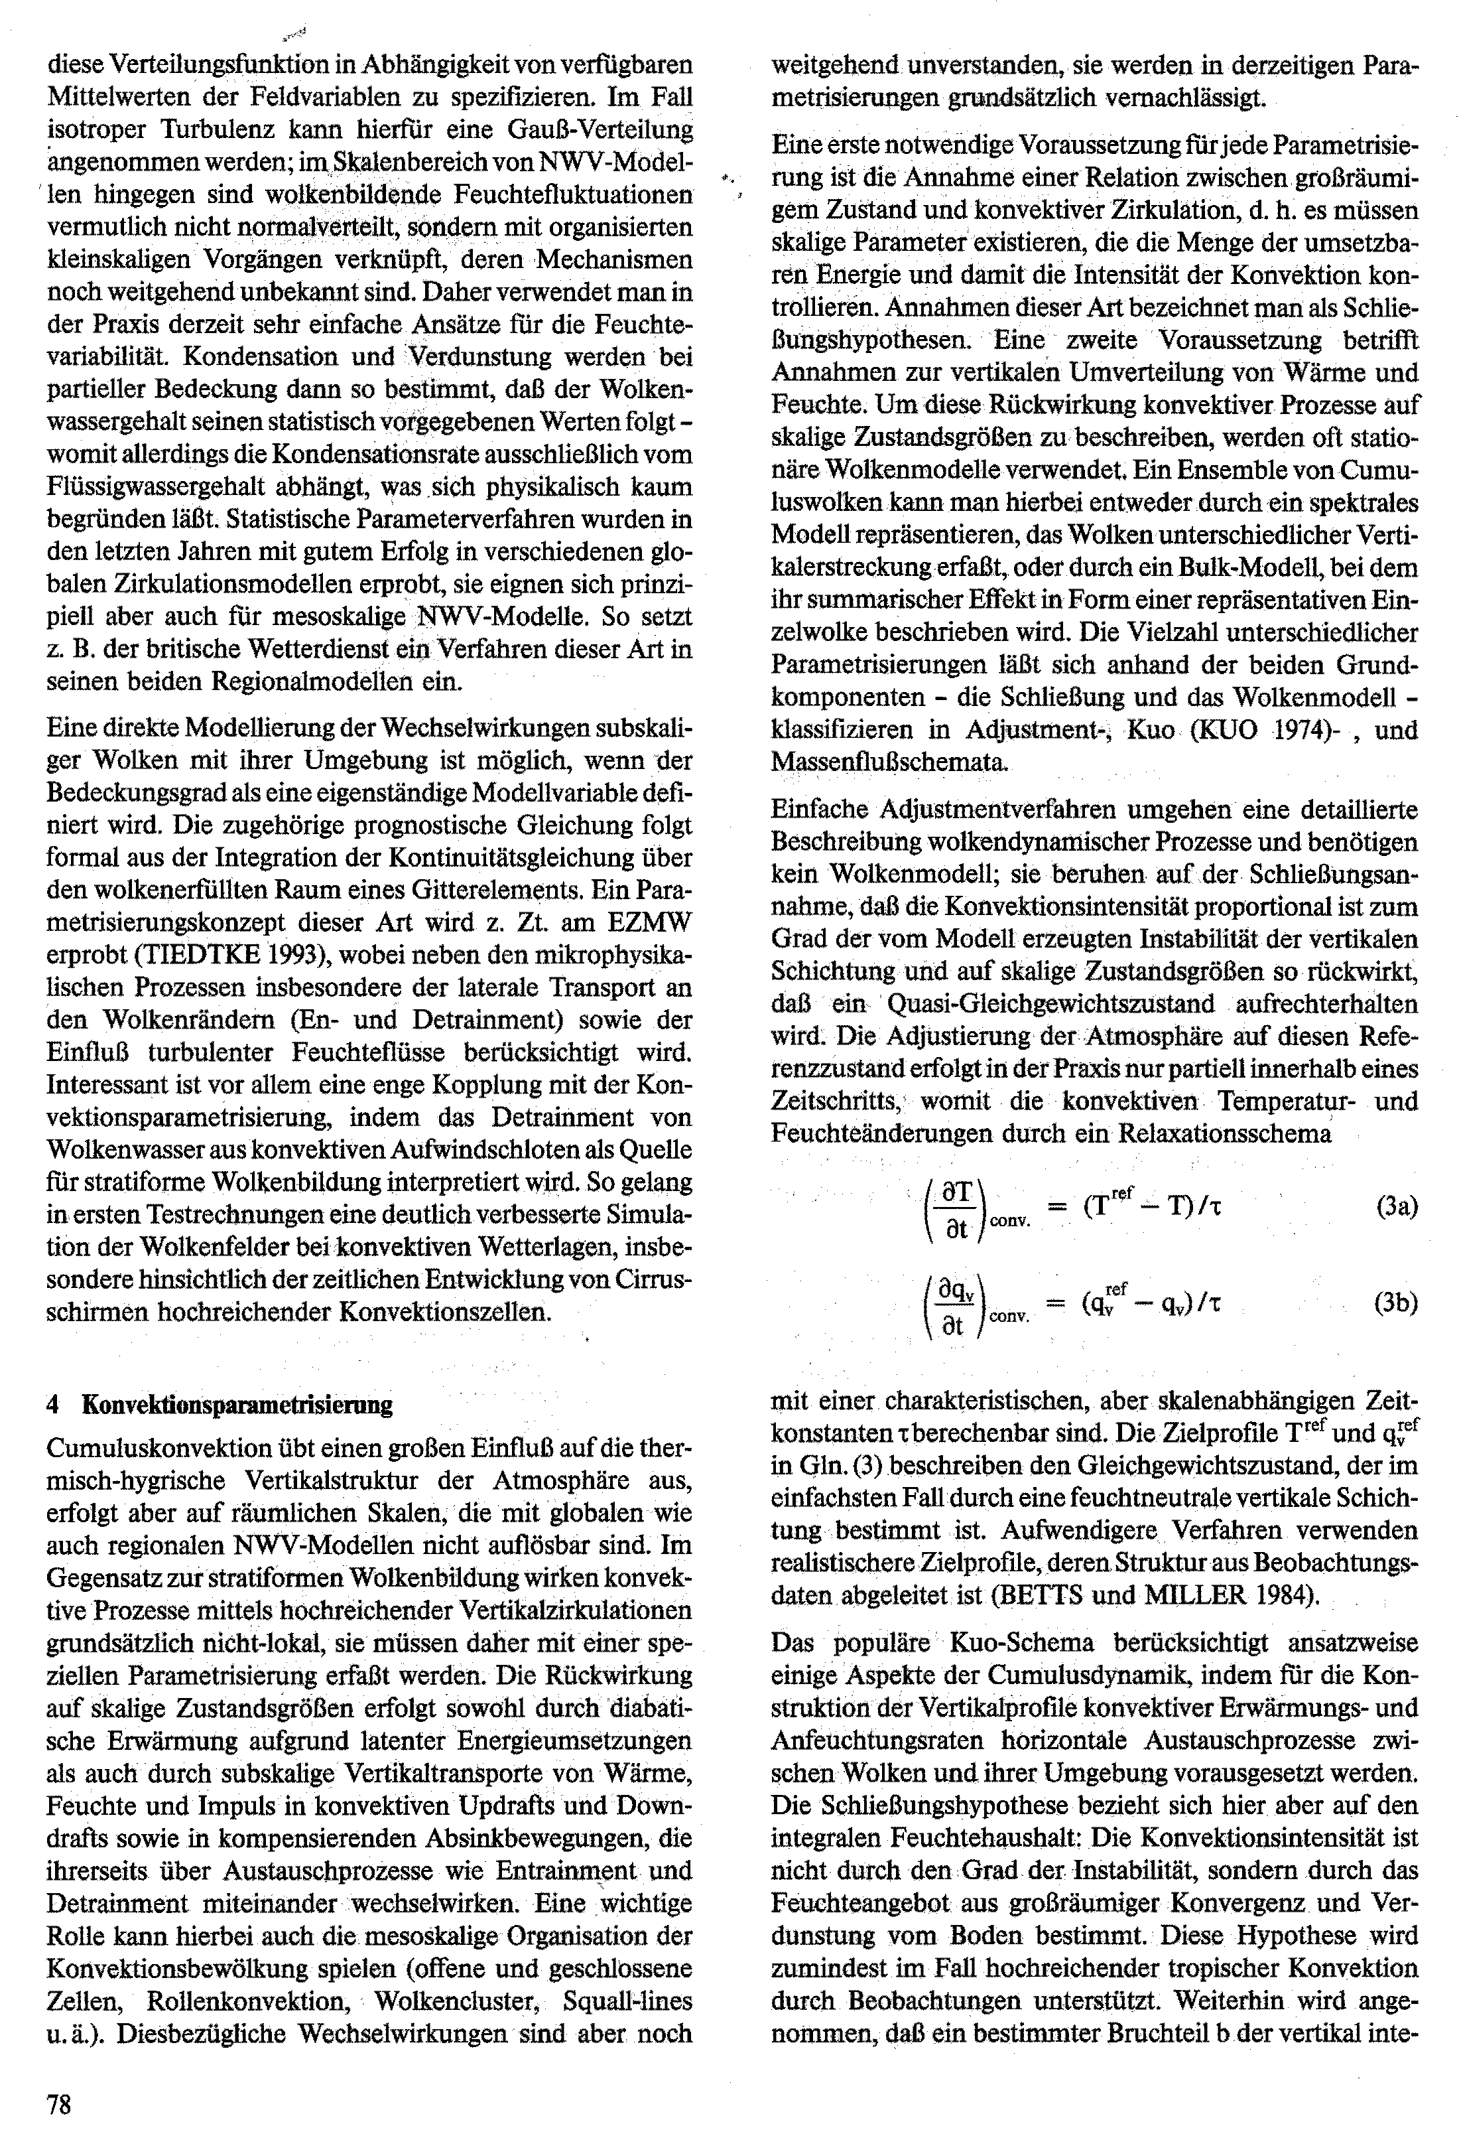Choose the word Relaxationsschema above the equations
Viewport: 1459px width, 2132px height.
coord(1224,1134)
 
